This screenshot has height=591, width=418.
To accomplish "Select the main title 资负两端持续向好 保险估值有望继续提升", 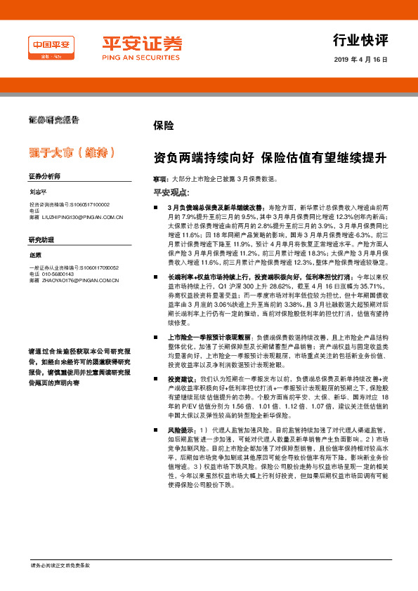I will click(270, 158).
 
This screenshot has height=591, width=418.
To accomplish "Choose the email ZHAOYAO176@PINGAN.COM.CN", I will click(80, 281).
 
